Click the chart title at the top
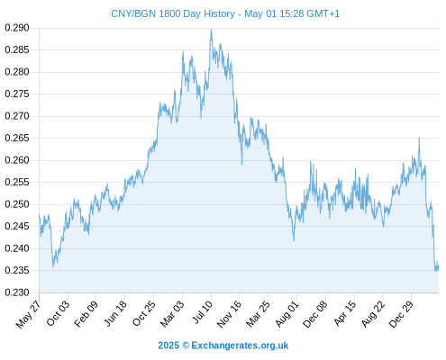pos(225,13)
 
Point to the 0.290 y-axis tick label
pos(17,28)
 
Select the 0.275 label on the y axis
pos(17,94)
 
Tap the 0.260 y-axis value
pos(17,160)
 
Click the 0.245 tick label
pos(17,226)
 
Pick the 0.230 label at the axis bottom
pos(17,292)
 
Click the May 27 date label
pos(28,314)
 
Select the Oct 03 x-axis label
pos(58,313)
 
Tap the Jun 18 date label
pos(115,313)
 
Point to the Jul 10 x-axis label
pos(203,312)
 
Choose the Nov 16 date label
pos(229,314)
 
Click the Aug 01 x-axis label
pos(287,314)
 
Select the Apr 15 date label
pos(344,313)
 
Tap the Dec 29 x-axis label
pos(401,314)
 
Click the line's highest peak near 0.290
pos(211,30)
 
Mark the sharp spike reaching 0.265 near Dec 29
pos(419,139)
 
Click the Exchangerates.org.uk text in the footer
pos(240,346)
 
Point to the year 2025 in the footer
pos(168,346)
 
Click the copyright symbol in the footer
pos(186,346)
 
